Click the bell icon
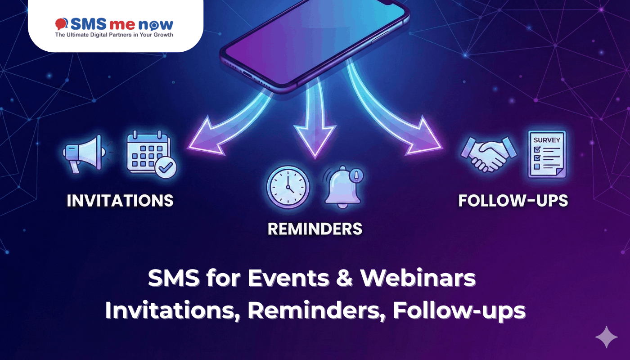343,187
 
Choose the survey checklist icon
546,154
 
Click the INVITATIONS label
120,201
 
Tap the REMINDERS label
315,229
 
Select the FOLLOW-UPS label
513,201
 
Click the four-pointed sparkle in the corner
606,337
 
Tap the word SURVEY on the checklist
547,140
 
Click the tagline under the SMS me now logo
114,35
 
